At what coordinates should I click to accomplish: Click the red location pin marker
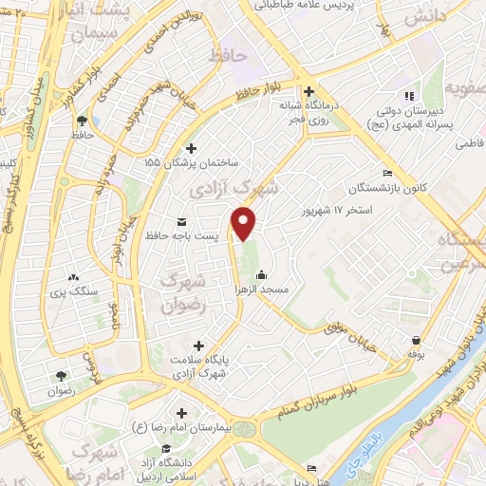point(245,224)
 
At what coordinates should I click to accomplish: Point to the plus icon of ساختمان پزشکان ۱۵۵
point(193,148)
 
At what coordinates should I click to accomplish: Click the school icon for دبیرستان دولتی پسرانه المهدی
point(409,96)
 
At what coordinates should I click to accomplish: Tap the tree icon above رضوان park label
point(63,377)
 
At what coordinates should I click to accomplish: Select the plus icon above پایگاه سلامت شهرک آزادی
point(198,346)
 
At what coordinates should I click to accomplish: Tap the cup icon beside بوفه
point(416,337)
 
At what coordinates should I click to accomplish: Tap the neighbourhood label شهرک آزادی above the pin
point(234,185)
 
